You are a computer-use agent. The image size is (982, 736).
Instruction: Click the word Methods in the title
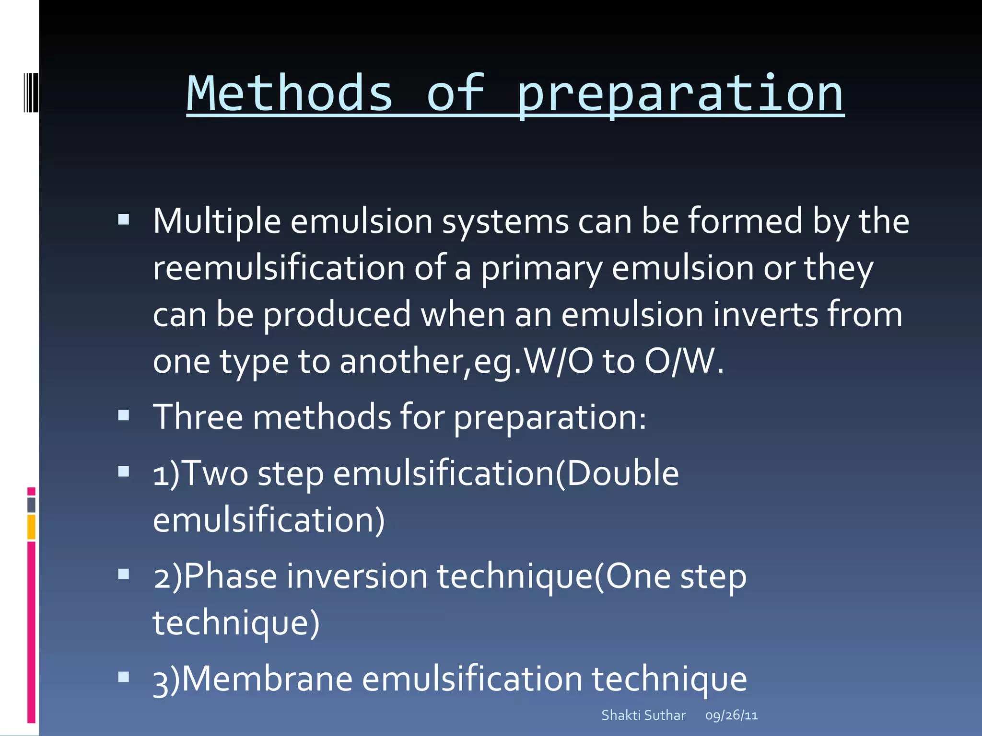point(289,94)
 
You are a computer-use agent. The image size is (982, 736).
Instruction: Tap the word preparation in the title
point(680,94)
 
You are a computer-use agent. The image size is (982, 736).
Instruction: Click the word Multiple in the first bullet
point(217,221)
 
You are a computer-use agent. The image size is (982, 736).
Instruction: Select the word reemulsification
point(279,268)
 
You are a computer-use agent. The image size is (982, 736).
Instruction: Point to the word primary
point(541,268)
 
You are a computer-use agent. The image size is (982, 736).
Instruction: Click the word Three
point(198,417)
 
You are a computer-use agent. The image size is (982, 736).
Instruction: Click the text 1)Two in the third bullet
point(200,473)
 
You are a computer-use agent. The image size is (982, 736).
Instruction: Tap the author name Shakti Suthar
point(643,715)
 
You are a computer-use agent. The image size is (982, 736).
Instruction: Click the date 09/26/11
point(731,715)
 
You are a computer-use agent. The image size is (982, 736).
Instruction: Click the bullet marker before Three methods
point(124,414)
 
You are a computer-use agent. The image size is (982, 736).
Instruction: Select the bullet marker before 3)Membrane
point(124,677)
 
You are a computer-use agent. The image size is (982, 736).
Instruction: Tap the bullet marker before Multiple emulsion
point(124,219)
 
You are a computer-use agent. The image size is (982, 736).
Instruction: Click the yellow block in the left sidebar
point(31,527)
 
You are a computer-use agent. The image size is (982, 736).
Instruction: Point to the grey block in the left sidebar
point(31,505)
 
